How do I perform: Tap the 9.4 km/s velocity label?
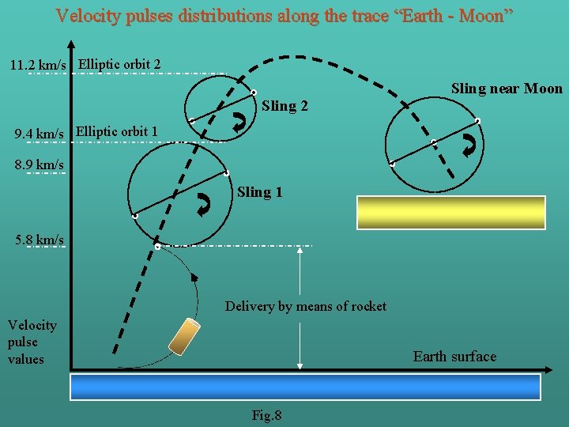pos(40,134)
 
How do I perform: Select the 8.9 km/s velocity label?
pos(40,164)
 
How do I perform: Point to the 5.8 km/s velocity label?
pos(40,238)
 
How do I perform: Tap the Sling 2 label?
pos(284,106)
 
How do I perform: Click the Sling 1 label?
pos(260,192)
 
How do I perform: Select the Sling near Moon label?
pos(507,89)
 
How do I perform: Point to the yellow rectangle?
pos(451,213)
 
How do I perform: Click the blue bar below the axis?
pos(305,387)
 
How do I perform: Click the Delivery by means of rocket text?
pos(306,306)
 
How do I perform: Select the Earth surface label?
pos(454,357)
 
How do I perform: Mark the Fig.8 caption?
pos(266,415)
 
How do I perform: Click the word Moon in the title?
pos(483,16)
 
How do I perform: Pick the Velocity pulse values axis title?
pos(32,342)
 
